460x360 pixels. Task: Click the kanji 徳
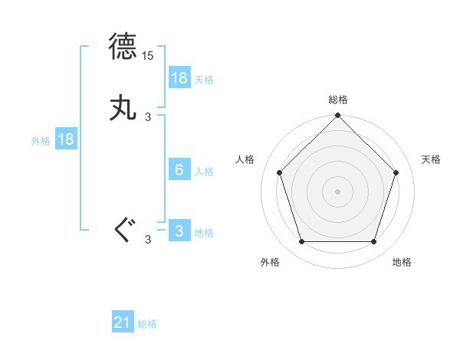123,47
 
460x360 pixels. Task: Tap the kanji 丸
123,108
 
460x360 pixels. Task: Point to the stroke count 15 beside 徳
149,56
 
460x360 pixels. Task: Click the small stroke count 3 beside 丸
148,117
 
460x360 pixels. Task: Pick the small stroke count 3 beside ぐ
148,241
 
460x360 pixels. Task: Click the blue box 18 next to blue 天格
179,78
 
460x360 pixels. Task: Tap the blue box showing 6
179,170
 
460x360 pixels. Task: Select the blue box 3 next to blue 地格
179,231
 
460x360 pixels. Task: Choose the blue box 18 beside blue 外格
66,139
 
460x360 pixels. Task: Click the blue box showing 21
123,323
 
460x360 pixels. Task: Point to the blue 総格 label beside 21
147,324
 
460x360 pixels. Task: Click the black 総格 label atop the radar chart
337,100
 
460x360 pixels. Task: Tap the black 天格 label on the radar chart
432,159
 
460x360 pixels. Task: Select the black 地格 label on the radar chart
402,262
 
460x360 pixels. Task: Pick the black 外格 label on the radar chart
270,262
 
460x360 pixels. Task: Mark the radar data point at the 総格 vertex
337,116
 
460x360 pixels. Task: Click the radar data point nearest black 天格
396,172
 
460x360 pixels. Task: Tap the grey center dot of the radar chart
337,191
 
